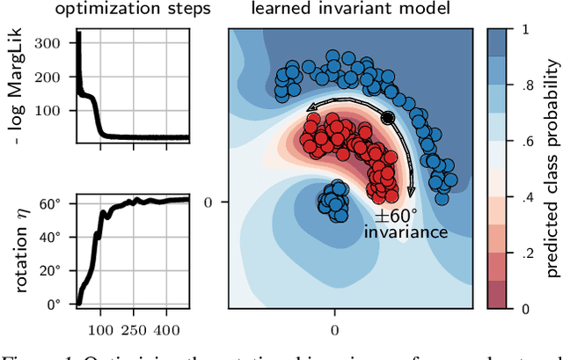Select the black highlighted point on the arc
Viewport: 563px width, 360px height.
coord(387,117)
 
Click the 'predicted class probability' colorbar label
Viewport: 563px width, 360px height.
coord(551,168)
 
